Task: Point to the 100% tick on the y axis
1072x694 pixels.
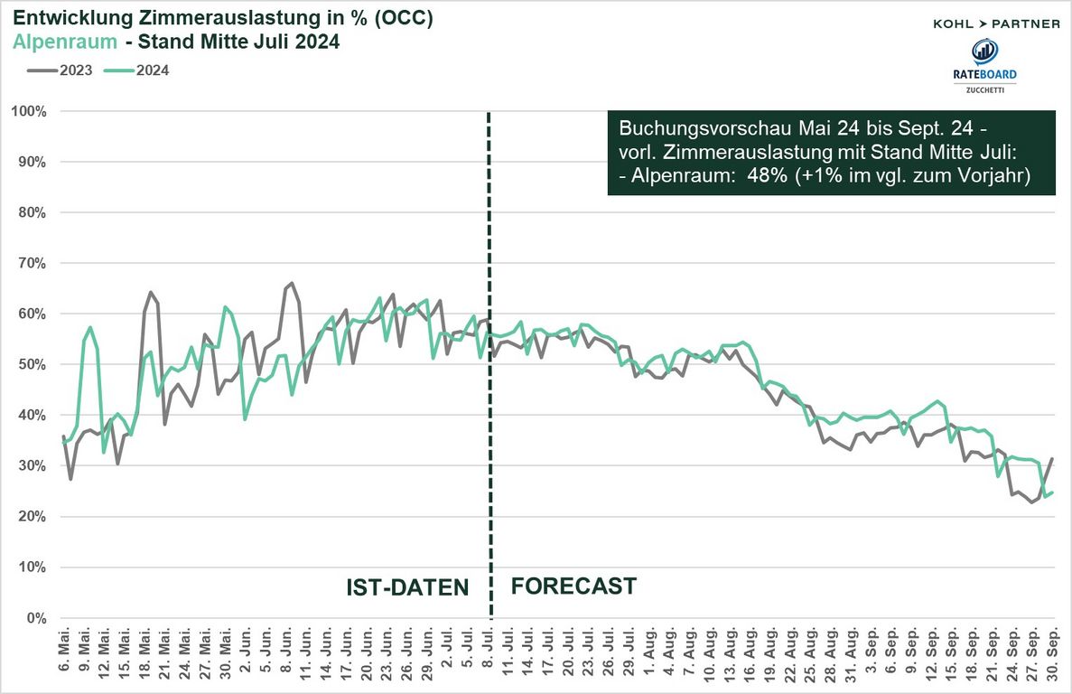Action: [x=29, y=111]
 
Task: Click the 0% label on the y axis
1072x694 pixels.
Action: [x=37, y=618]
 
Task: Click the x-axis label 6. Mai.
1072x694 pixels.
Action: [x=64, y=653]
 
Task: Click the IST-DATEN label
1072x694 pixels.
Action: [x=407, y=587]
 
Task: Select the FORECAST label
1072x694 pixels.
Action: [x=573, y=586]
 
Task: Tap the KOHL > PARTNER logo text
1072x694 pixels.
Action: [x=996, y=23]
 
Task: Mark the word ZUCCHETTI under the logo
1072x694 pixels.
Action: [x=983, y=89]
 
